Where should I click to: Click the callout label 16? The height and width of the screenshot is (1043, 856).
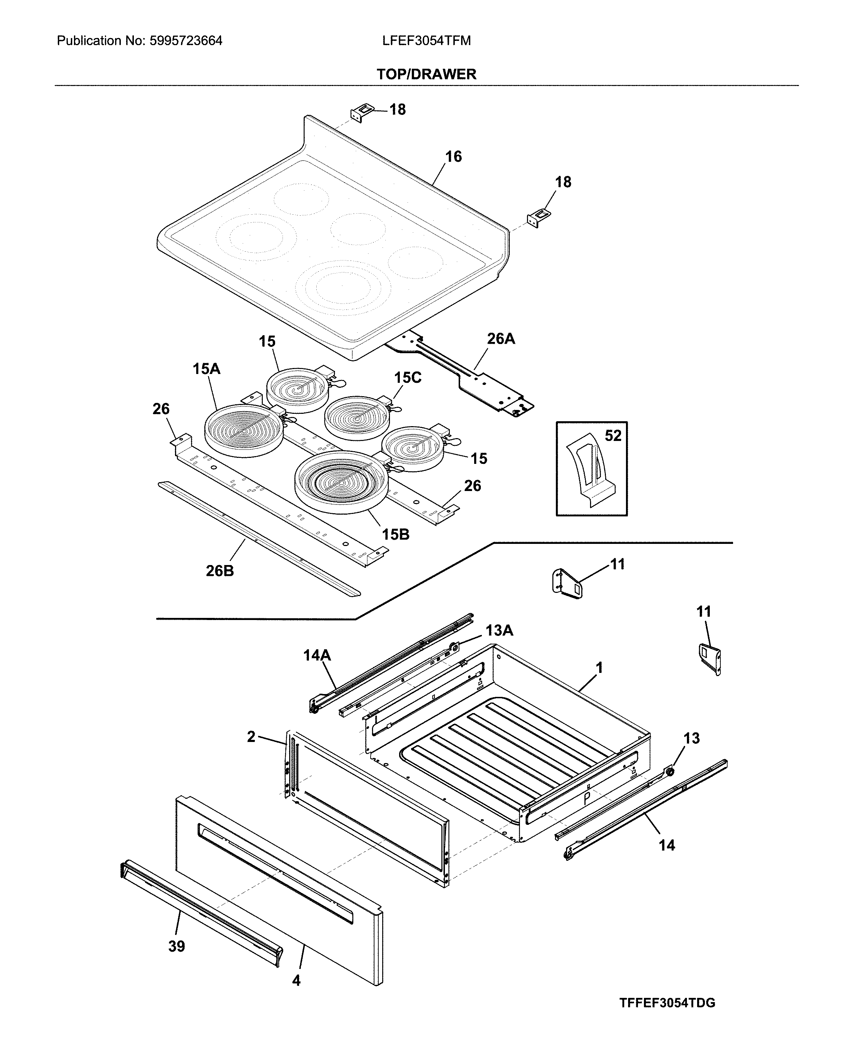(x=453, y=157)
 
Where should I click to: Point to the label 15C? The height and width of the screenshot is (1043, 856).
(x=408, y=378)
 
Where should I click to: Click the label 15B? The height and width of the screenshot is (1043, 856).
(x=396, y=534)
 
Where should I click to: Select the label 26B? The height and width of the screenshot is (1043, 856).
(x=219, y=571)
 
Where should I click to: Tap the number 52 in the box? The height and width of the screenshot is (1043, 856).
(x=613, y=436)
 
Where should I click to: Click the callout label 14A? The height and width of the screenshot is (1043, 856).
(x=317, y=656)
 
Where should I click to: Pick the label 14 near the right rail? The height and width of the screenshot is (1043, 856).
(x=666, y=845)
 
